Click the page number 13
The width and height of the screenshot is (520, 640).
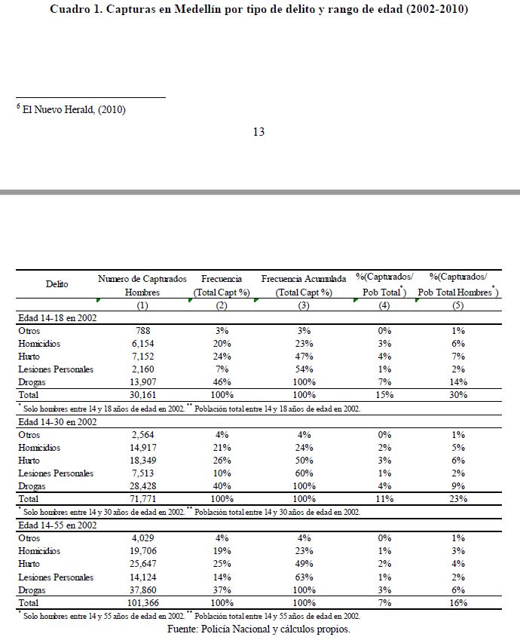[x=258, y=132]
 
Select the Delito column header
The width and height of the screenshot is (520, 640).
[x=57, y=284]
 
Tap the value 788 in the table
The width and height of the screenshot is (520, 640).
[x=142, y=330]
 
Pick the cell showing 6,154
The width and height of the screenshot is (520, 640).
[x=142, y=343]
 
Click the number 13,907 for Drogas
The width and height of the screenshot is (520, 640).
[x=142, y=382]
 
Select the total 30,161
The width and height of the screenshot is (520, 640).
[x=142, y=395]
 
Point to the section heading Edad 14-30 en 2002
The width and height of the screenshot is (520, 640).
[x=57, y=421]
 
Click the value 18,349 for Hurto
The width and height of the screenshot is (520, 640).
[x=142, y=460]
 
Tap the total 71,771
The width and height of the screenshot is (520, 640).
[x=142, y=499]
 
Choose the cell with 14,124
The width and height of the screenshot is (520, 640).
[x=142, y=577]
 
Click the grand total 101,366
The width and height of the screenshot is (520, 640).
[x=142, y=603]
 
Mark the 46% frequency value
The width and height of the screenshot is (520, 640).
[x=222, y=382]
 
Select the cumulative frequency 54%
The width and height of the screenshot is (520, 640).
[x=304, y=369]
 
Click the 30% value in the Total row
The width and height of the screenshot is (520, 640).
[x=458, y=395]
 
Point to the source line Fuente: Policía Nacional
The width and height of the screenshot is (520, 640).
[x=259, y=629]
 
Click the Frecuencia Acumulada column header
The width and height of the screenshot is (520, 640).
[x=304, y=279]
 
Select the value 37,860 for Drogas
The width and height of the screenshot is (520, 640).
[x=142, y=590]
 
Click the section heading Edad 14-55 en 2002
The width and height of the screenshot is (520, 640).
[x=57, y=525]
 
